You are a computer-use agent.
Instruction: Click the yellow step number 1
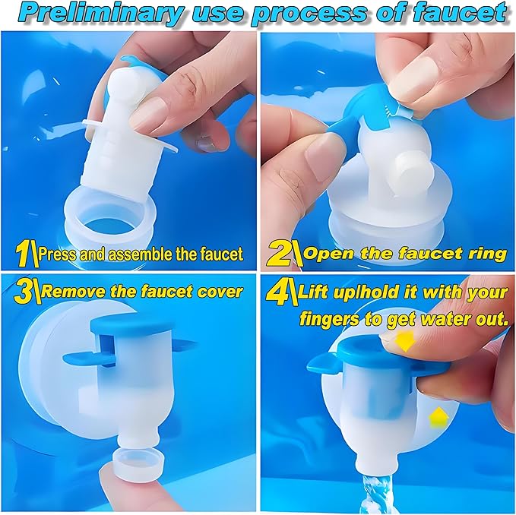(x=24, y=254)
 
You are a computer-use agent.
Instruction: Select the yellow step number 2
(x=280, y=254)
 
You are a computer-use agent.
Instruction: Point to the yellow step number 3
(x=23, y=292)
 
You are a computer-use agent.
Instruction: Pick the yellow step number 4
(x=277, y=291)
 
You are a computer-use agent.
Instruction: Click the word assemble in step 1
(x=138, y=254)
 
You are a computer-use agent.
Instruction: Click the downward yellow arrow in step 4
(x=406, y=341)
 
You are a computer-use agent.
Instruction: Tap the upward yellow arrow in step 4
(x=438, y=417)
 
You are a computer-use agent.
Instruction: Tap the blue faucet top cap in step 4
(x=378, y=355)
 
